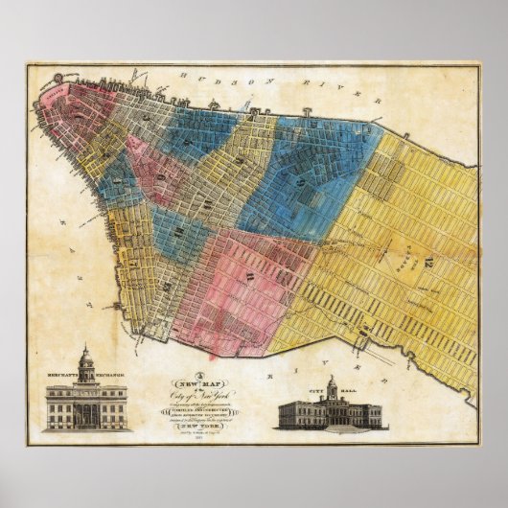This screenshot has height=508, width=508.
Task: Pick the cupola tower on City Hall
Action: coord(331,388)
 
